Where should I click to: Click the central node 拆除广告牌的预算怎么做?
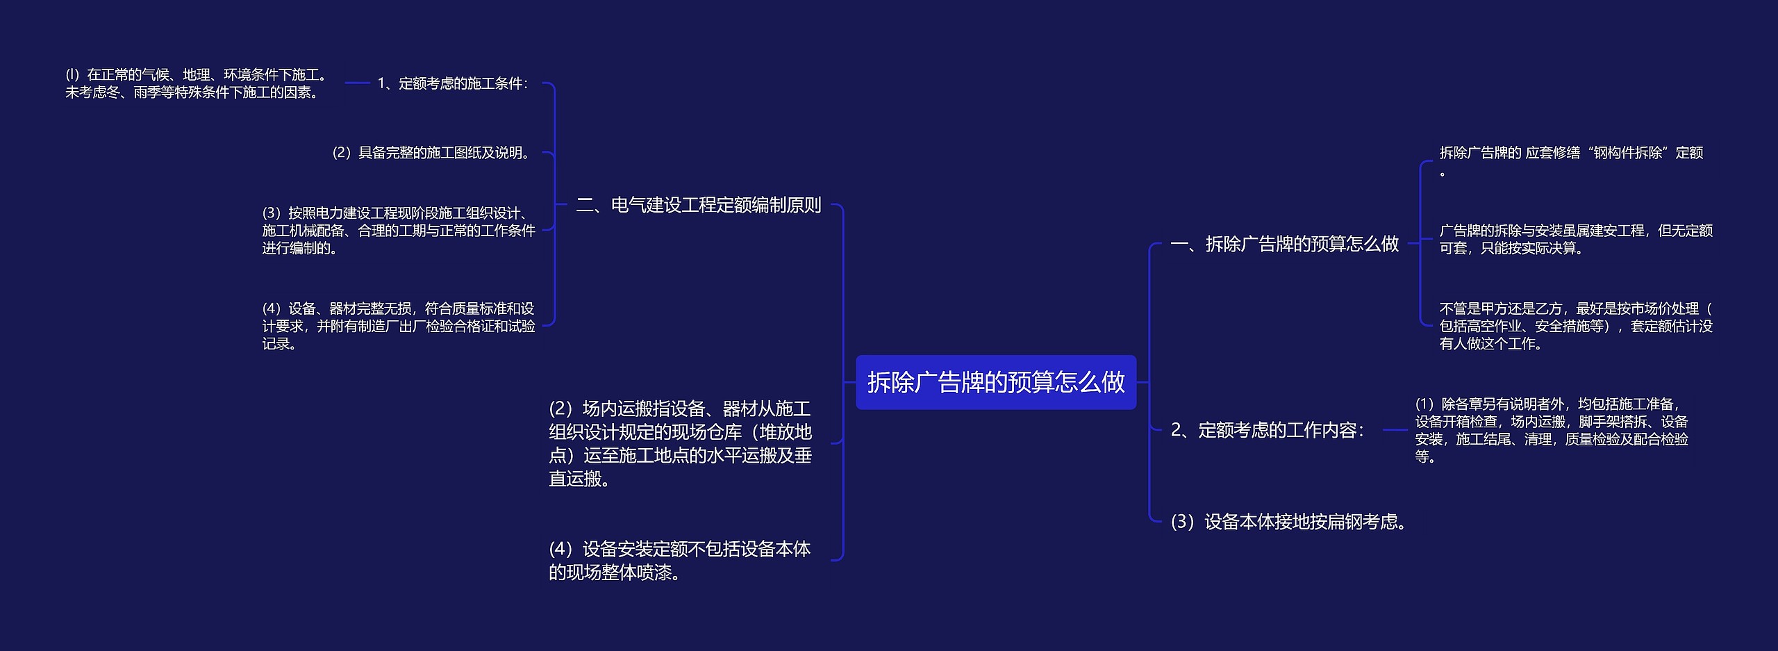click(x=995, y=382)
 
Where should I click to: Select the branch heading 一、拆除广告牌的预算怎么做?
click(x=1284, y=244)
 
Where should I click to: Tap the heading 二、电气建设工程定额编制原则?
click(x=698, y=205)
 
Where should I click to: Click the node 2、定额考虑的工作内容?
click(x=1268, y=430)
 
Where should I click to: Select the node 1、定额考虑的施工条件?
click(x=453, y=83)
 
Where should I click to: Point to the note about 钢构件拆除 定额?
click(x=1570, y=154)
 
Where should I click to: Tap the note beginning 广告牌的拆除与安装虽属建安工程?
click(x=1575, y=239)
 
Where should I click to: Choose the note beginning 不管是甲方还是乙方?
click(x=1575, y=326)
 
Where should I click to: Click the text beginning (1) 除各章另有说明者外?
click(x=1551, y=430)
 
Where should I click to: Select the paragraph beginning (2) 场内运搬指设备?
click(x=680, y=443)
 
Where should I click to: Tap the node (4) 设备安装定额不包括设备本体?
click(x=679, y=561)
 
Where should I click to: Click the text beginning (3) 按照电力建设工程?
click(x=398, y=231)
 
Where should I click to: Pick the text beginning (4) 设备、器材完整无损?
click(x=398, y=326)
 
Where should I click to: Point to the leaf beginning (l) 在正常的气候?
click(x=196, y=83)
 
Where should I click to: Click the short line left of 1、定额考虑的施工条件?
click(x=357, y=83)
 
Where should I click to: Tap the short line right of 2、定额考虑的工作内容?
click(x=1395, y=430)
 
